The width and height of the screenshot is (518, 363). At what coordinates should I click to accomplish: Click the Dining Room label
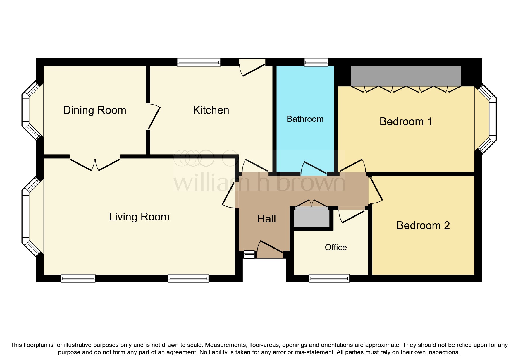(95, 110)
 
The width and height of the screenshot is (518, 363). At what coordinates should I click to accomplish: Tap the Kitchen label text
(211, 110)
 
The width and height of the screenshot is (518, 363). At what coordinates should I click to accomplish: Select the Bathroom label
(305, 119)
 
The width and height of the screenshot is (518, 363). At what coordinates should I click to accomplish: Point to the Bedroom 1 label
(406, 121)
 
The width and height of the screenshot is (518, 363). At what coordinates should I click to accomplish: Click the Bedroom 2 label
(423, 225)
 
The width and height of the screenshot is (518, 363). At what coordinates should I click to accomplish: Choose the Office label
(336, 247)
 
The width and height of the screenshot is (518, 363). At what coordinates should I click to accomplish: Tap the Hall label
(266, 219)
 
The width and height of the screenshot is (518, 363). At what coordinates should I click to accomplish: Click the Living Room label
(139, 217)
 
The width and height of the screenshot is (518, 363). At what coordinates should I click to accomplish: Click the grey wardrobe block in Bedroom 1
(406, 76)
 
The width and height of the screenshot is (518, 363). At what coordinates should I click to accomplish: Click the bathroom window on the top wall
(316, 62)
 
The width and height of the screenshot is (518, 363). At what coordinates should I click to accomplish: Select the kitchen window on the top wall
(199, 62)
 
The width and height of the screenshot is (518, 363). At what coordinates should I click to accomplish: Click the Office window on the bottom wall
(329, 278)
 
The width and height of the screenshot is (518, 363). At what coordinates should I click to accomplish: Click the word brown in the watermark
(311, 183)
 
